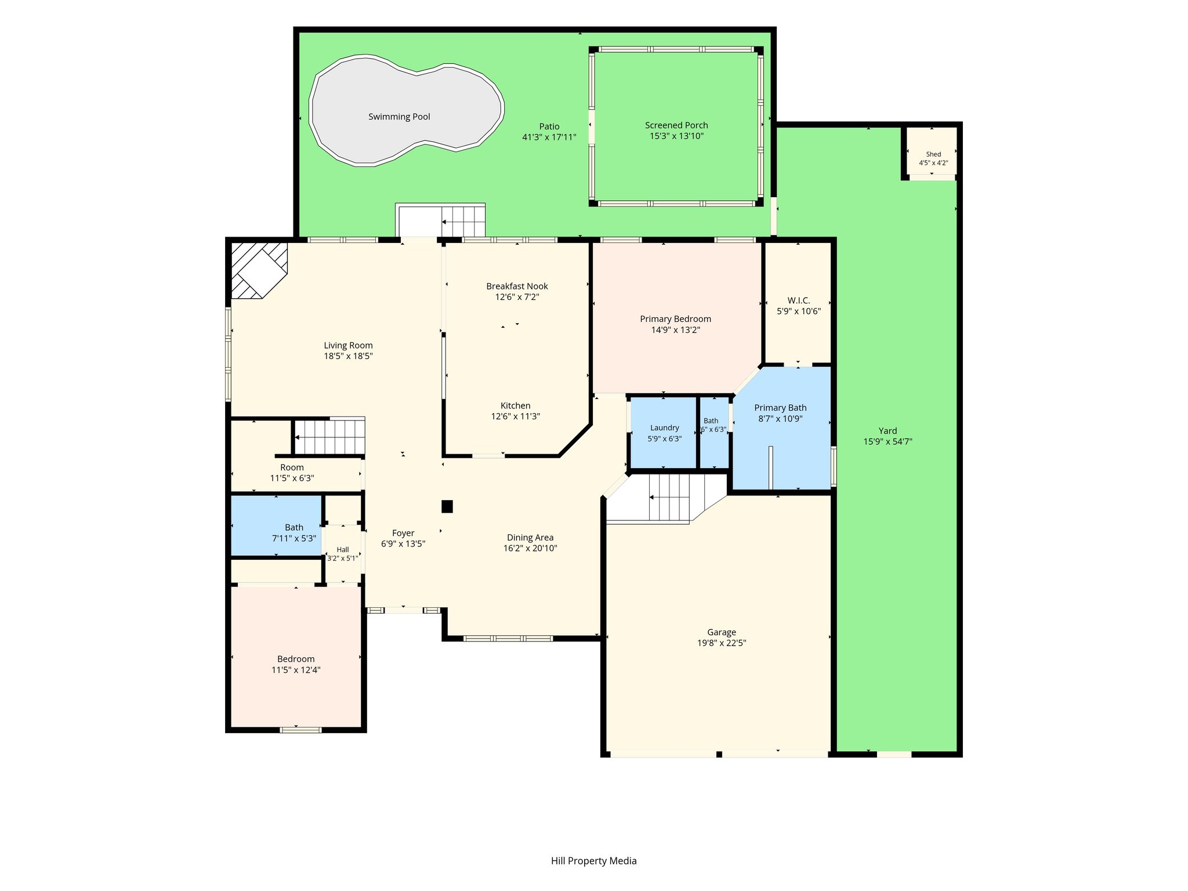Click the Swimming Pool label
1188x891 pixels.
(399, 117)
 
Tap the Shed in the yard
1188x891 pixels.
(932, 151)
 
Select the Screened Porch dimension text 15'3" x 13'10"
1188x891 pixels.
(676, 136)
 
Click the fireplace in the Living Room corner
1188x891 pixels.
(259, 270)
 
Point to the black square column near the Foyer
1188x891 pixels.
(447, 506)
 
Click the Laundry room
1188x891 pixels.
(664, 433)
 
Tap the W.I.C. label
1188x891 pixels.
(799, 300)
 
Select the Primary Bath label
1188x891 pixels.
(780, 408)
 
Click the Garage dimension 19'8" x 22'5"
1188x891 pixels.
(722, 643)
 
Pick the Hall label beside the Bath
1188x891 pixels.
(343, 549)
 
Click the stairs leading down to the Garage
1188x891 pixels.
(666, 498)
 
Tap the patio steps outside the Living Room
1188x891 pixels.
(440, 220)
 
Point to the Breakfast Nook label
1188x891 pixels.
(517, 286)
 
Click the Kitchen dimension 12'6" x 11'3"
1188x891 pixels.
(516, 416)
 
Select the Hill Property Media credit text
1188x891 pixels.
(594, 861)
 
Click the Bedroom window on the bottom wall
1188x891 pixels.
(300, 729)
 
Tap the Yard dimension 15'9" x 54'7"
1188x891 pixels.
(888, 441)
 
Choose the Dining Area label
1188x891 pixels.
(530, 537)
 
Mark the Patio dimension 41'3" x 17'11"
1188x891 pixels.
(549, 137)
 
